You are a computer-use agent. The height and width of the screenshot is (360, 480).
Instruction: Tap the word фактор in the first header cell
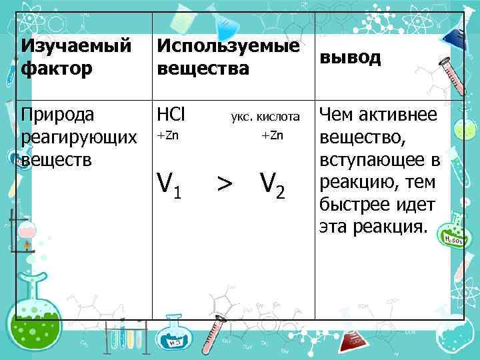[47, 69]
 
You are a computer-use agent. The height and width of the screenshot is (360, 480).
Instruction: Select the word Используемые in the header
[227, 47]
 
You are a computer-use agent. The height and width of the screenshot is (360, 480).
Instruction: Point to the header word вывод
[351, 57]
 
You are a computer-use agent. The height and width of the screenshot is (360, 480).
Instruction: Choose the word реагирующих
[78, 137]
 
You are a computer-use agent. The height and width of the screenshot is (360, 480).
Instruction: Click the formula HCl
[171, 115]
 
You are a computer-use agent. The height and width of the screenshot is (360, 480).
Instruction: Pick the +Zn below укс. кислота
[272, 136]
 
